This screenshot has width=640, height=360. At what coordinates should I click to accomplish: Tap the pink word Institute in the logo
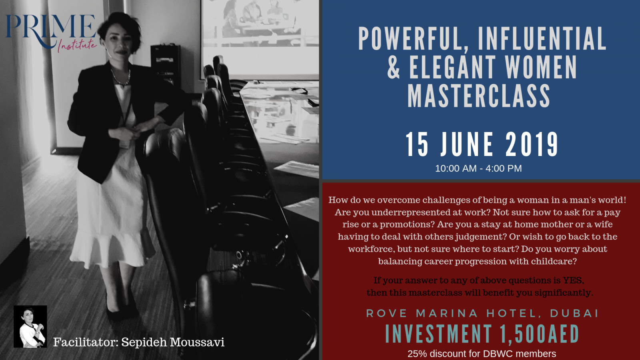[x=77, y=46]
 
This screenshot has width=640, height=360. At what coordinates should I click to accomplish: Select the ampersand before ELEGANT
[x=393, y=68]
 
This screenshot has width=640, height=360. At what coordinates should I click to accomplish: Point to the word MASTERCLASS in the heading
[x=478, y=96]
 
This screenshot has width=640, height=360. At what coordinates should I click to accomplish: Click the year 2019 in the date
[x=532, y=144]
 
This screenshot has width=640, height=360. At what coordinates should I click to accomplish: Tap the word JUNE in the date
[x=466, y=144]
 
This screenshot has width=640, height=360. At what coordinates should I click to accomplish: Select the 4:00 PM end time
[x=504, y=168]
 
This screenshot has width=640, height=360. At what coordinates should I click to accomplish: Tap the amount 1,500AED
[x=539, y=334]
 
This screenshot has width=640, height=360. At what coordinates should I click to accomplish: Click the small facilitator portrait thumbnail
[x=30, y=326]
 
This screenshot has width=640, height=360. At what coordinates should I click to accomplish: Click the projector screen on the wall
[x=260, y=38]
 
